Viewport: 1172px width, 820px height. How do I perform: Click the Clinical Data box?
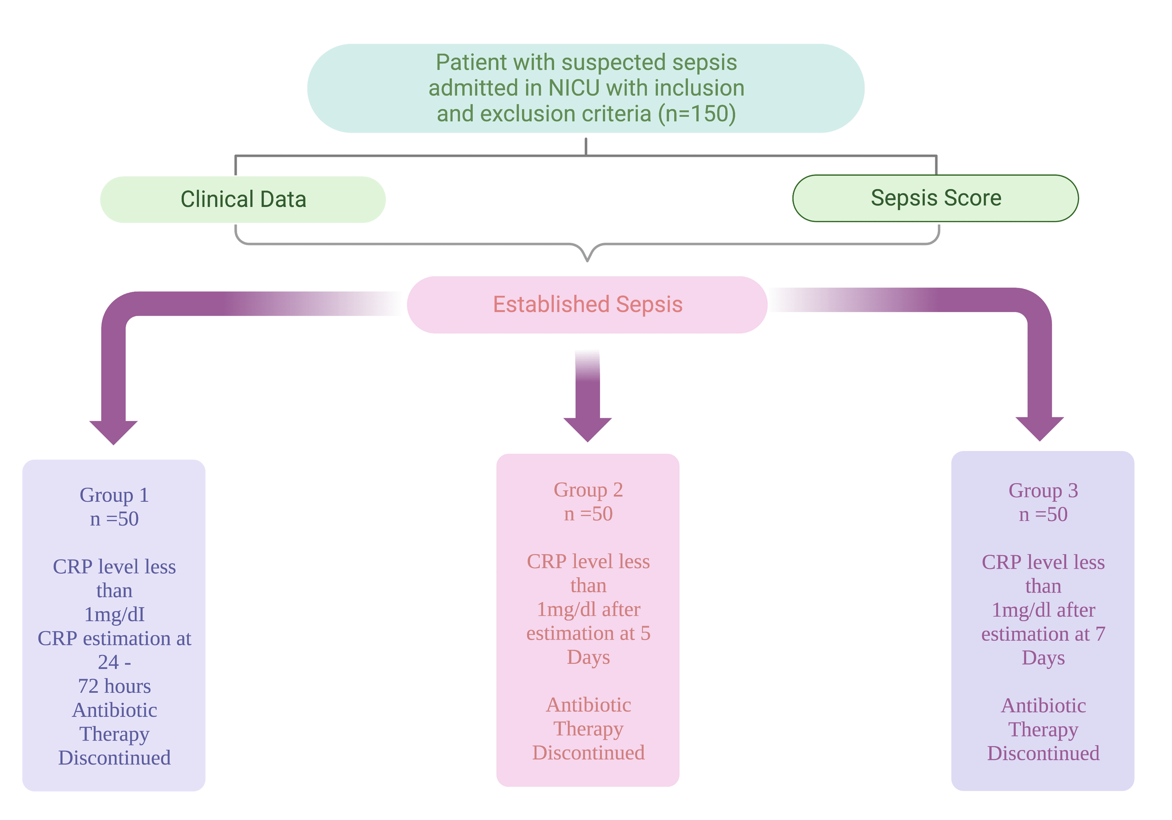pos(243,200)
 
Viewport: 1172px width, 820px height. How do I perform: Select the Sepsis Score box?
pos(935,198)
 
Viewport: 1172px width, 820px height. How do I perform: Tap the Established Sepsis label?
pos(587,305)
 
